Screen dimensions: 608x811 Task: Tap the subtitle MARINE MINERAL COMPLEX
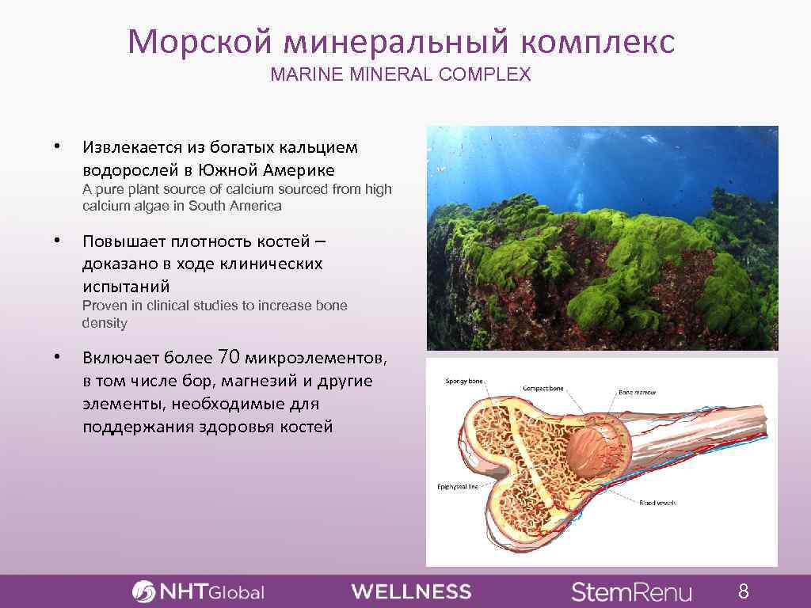[x=401, y=75]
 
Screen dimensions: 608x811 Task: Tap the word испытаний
[x=126, y=285]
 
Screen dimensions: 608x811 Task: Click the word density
[x=105, y=324]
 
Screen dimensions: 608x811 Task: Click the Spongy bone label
[x=464, y=382]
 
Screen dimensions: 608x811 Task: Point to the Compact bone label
[x=543, y=389]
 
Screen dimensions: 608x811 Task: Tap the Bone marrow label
[x=638, y=392]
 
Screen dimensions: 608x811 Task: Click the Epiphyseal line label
[x=458, y=487]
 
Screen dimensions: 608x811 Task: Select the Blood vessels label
[x=657, y=503]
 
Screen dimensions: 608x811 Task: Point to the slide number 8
[x=743, y=591]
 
